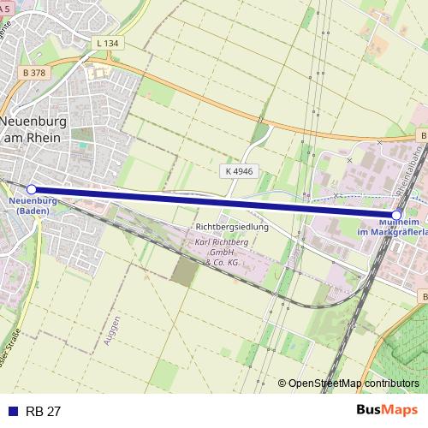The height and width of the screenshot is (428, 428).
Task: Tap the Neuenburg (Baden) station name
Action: pos(33,205)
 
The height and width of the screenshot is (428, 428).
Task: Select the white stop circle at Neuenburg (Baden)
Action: pos(32,189)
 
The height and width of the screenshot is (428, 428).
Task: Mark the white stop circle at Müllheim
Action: pos(397,214)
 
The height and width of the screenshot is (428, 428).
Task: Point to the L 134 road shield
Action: pos(108,43)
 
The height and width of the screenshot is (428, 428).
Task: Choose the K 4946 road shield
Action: pos(240,171)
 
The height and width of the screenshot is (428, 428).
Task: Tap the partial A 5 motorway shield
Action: pos(7,7)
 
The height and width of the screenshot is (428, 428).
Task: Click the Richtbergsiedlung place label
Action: pos(232,228)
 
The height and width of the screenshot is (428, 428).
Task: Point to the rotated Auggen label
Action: pos(107,330)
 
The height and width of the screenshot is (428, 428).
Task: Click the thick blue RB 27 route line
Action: pos(214,201)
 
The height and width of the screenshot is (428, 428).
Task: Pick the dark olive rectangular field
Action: pos(184,272)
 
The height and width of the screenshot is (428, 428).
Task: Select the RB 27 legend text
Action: pos(44,412)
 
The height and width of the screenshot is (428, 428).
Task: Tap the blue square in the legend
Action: pos(13,412)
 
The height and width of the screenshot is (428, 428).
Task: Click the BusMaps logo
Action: pos(386,411)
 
